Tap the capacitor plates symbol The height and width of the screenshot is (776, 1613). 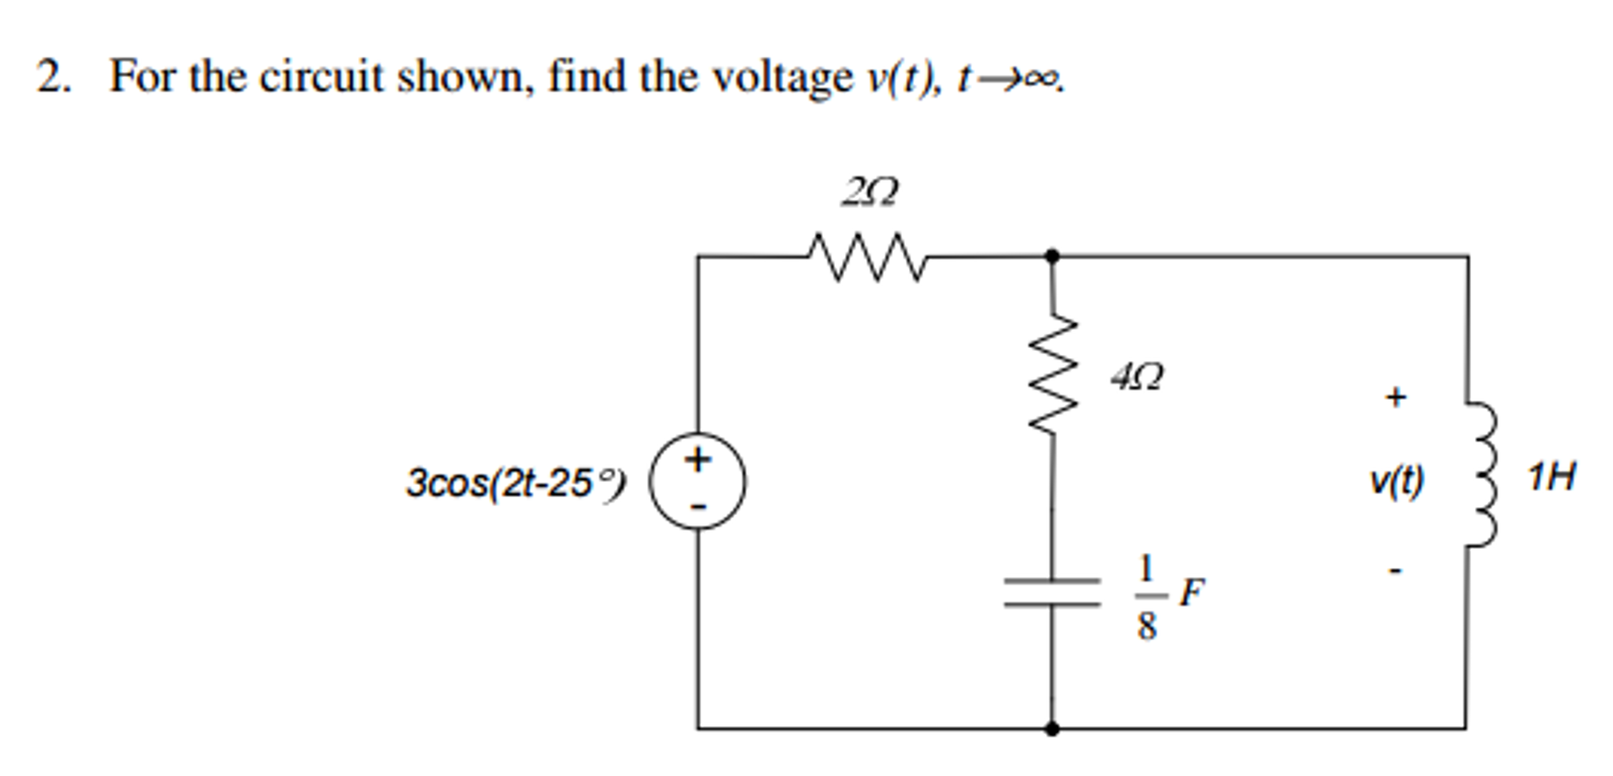(1052, 593)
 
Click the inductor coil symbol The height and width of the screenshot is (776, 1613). (1478, 473)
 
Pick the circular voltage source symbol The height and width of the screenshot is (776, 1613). (697, 481)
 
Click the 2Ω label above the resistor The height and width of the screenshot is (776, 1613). (870, 192)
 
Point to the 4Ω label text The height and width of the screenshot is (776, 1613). (1136, 376)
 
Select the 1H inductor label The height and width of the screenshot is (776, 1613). (1551, 477)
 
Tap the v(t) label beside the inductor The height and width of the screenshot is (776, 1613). (1396, 479)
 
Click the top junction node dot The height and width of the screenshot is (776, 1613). (1052, 256)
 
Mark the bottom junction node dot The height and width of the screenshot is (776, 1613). (1052, 728)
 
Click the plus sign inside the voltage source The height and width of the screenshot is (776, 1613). (697, 459)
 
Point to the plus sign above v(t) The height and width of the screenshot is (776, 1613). (1395, 396)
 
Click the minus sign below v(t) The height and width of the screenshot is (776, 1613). (1395, 570)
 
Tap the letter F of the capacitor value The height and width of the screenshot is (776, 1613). (1191, 592)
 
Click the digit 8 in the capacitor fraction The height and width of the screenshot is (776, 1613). (1146, 625)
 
